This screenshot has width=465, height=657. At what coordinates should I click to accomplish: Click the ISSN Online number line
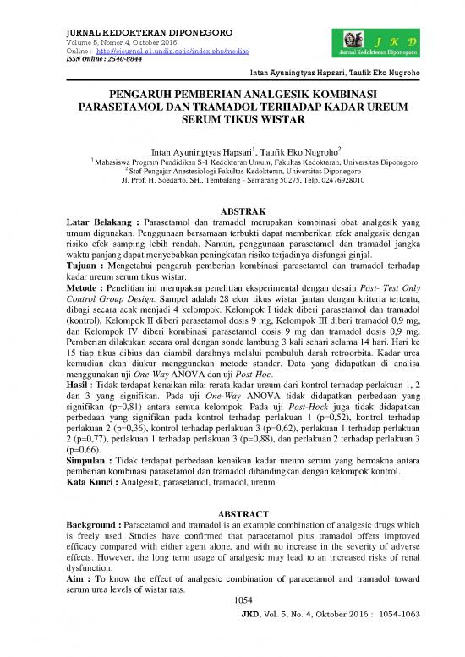click(x=101, y=61)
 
